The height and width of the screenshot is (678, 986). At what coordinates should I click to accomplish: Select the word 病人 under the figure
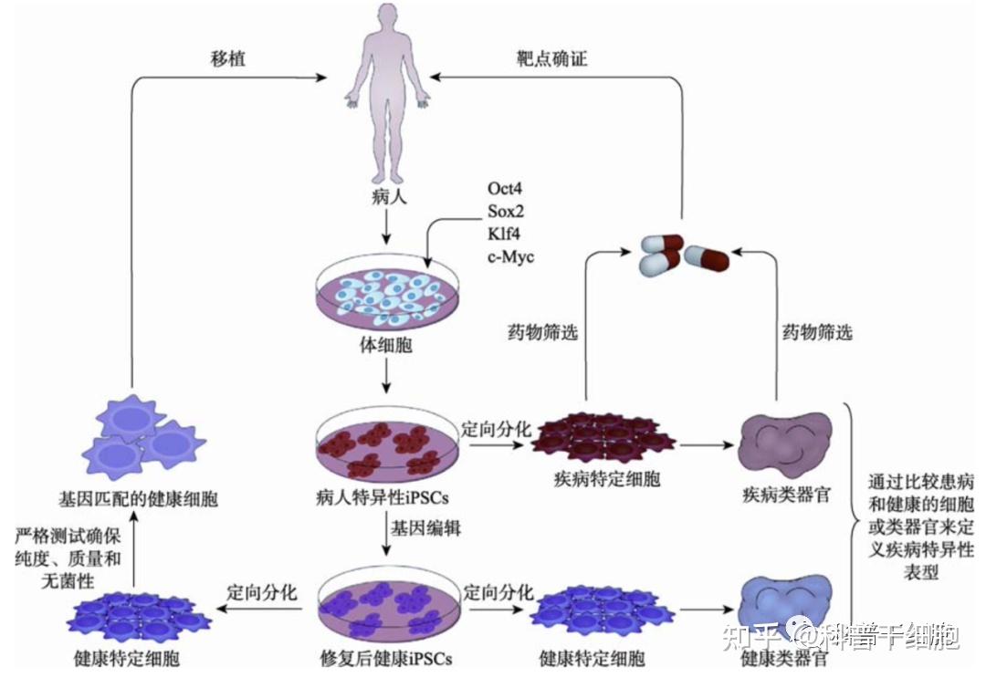[386, 194]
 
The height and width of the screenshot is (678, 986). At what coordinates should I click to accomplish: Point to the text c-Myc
[510, 256]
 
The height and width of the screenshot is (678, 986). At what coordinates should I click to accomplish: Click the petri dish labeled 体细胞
[387, 297]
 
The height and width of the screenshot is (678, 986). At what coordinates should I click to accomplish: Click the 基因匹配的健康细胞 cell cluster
[141, 438]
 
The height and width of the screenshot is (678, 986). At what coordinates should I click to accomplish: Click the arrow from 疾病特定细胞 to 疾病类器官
[707, 446]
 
